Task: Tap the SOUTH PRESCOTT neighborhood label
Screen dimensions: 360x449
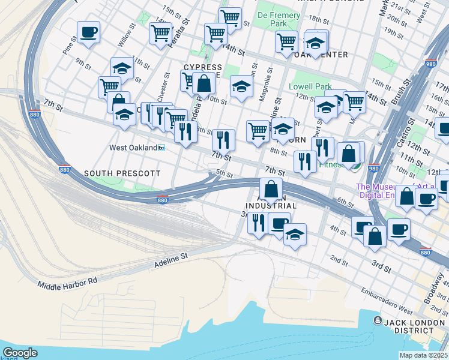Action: (122, 173)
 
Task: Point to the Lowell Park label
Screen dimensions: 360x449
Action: (310, 87)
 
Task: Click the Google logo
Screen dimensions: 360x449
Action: (20, 352)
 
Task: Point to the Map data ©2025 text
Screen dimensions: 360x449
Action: (423, 355)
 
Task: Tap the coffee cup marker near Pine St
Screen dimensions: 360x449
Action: (88, 32)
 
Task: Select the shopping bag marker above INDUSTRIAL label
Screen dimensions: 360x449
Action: (271, 188)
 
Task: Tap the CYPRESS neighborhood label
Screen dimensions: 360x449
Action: (203, 68)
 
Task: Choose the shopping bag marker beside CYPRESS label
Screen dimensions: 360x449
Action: (204, 83)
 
